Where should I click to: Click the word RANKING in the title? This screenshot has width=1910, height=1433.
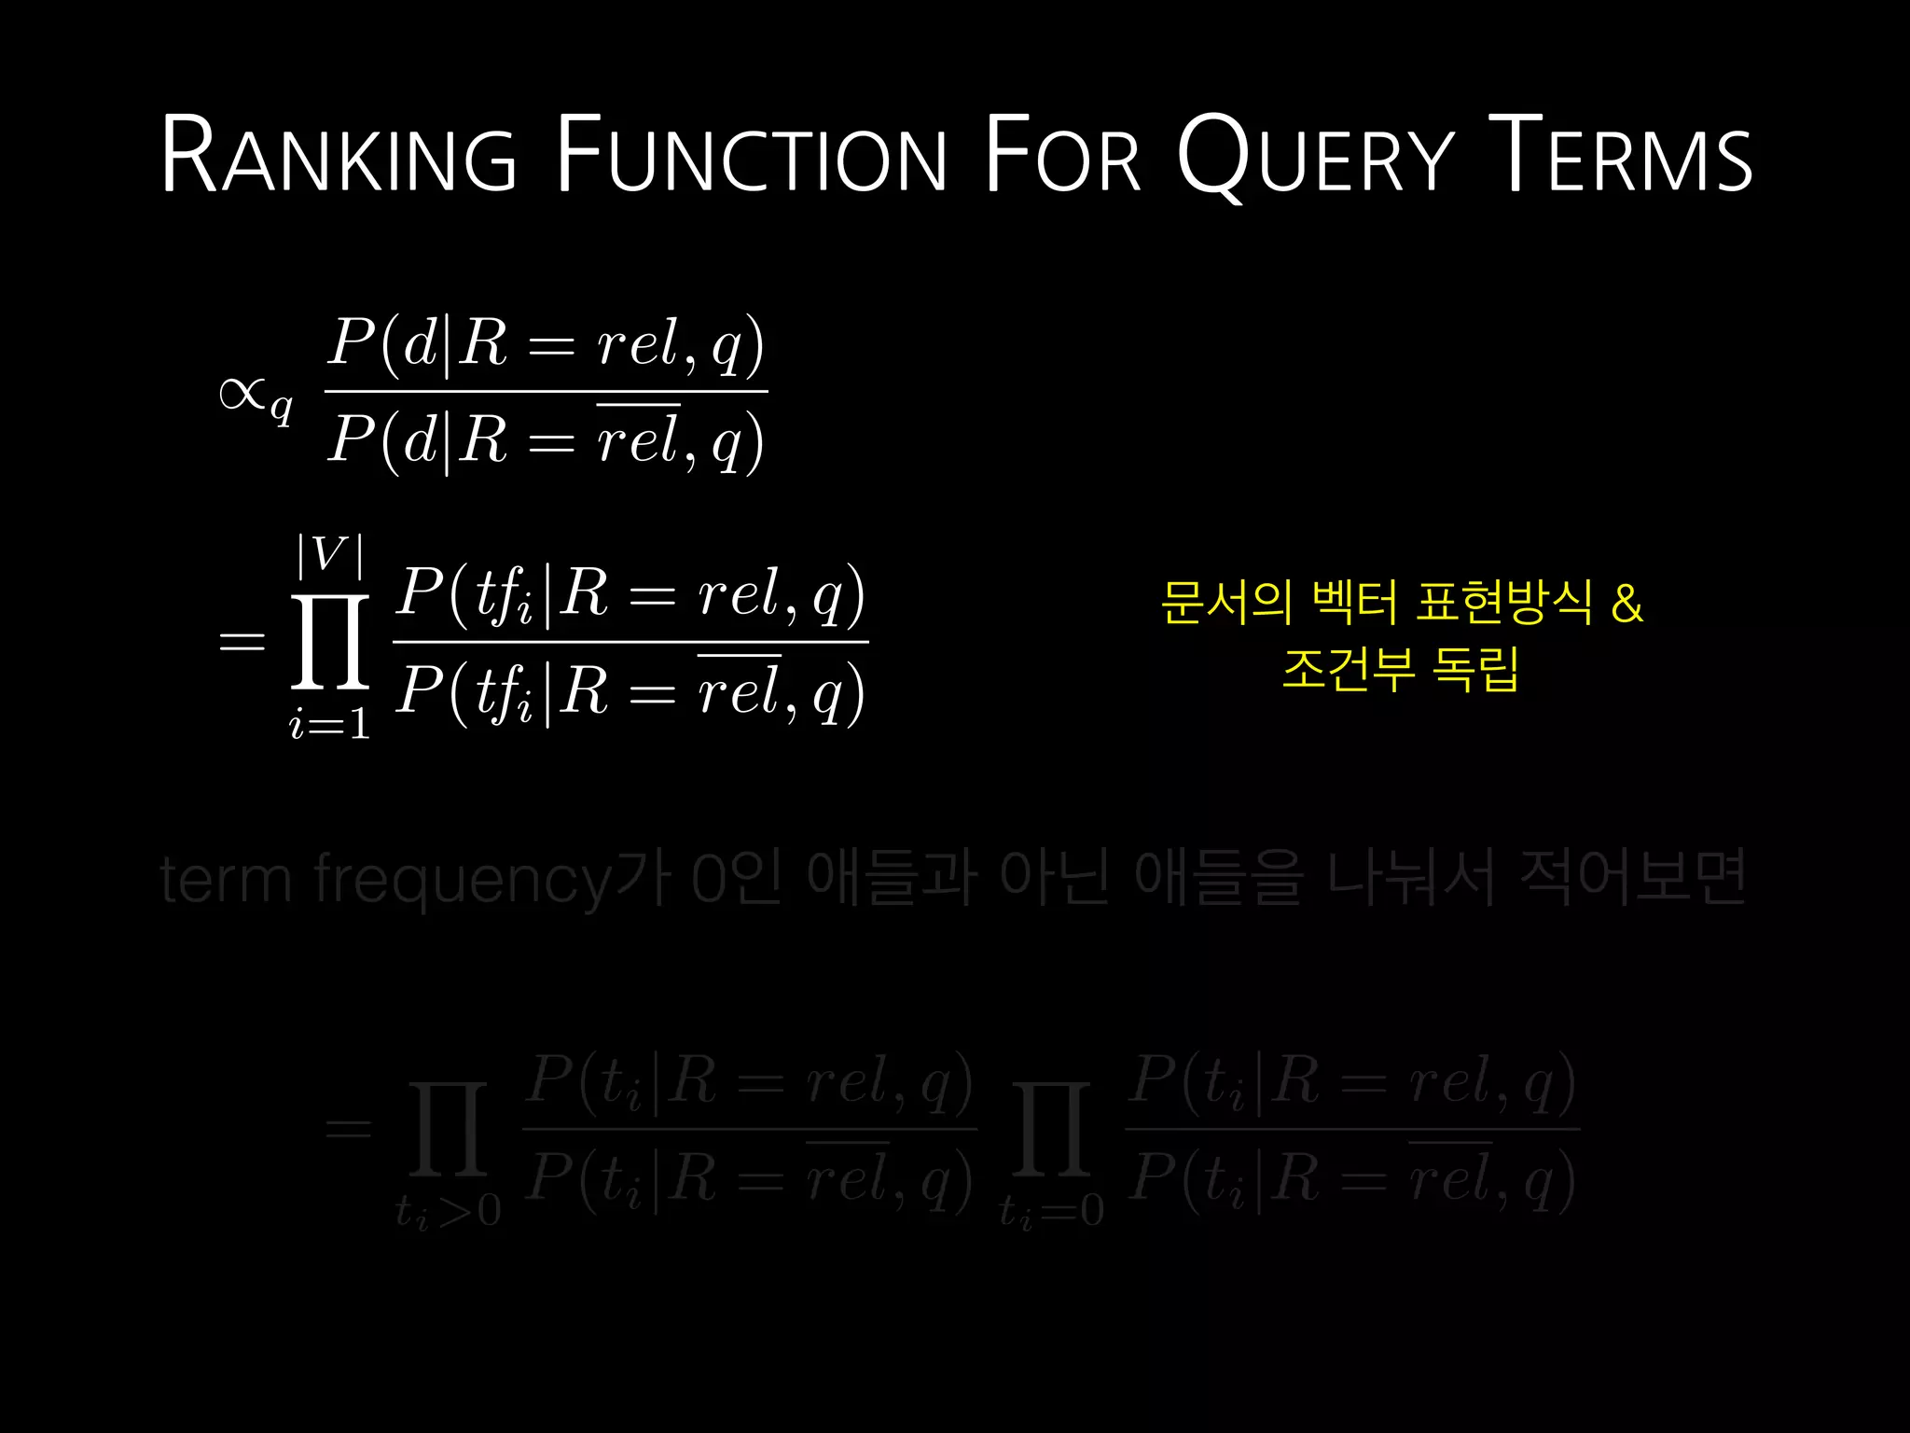coord(338,155)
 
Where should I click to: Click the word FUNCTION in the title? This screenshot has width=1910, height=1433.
coord(752,155)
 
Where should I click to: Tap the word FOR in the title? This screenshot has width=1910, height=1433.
coord(1062,155)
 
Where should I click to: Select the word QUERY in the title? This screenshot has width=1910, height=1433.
coord(1315,157)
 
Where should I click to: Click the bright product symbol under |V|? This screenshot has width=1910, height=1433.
coord(330,642)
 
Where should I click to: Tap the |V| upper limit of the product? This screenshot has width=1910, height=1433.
coord(329,555)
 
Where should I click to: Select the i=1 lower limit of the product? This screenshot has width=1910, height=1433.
coord(330,724)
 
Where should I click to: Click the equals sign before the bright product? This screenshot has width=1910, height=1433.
coord(242,642)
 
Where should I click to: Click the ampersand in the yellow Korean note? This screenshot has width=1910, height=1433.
coord(1626,603)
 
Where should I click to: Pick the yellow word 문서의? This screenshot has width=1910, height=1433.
coord(1226,603)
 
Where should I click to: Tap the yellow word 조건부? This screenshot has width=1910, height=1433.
coord(1349,669)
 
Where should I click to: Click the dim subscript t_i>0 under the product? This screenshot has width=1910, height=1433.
coord(448,1211)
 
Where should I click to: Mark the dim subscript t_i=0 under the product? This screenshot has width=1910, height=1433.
coord(1051,1211)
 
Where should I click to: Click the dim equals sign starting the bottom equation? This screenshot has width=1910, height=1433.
coord(348,1129)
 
